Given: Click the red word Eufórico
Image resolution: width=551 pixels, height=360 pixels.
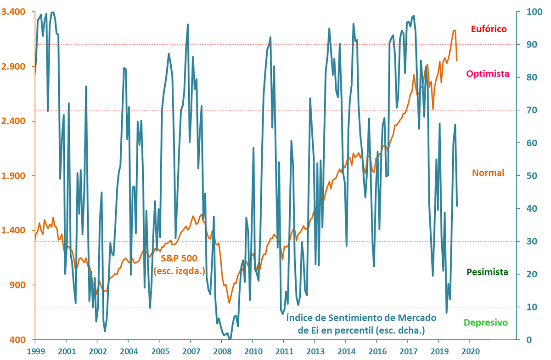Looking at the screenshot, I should (489, 29).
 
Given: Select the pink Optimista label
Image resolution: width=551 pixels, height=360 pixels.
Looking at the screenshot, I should (488, 73).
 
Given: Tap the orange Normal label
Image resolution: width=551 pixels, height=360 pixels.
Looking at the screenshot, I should (488, 173).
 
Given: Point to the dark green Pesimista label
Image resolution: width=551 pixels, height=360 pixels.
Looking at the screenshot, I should (487, 272).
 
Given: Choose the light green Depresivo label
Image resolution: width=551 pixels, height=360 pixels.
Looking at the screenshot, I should (486, 322).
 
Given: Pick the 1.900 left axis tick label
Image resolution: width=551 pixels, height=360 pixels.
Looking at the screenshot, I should (14, 176).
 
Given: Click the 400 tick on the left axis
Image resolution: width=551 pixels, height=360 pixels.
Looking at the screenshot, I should (17, 340).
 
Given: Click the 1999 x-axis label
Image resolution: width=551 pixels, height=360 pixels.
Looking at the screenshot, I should (35, 351).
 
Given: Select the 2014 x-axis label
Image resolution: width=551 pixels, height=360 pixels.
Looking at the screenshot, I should (345, 351).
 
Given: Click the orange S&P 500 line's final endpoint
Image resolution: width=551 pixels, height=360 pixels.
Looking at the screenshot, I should (457, 61).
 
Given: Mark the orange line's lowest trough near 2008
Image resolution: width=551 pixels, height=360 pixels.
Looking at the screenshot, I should (229, 303).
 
